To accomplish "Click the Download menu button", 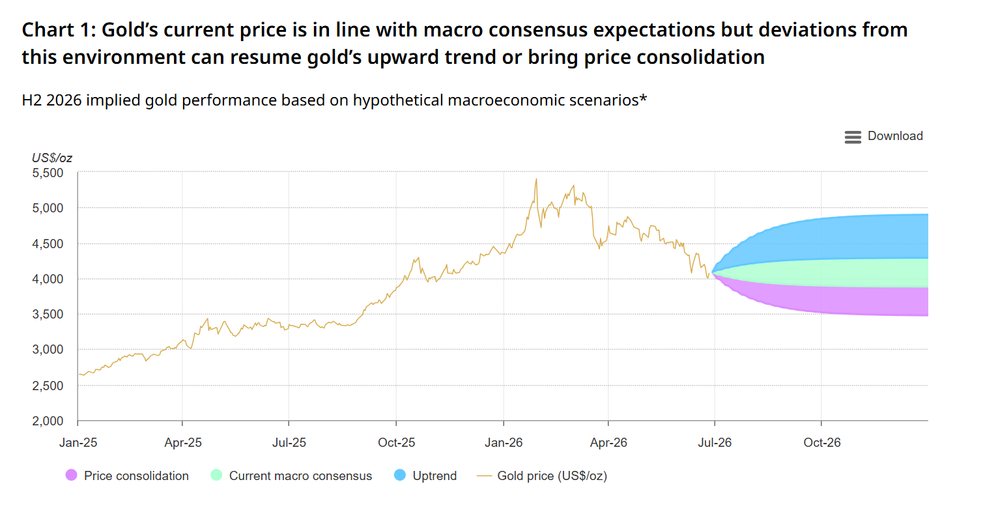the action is click(883, 137).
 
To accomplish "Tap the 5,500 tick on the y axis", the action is click(48, 173).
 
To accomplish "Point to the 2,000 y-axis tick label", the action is click(48, 421).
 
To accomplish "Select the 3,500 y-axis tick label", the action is click(48, 314).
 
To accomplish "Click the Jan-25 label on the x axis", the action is click(78, 442).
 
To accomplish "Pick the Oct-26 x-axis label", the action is click(822, 442).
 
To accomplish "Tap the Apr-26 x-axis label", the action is click(608, 442).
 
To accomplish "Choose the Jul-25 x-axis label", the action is click(289, 442).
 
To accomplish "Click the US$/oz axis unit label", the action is click(51, 158).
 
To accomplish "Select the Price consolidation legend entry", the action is click(127, 475).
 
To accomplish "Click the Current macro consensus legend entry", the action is click(291, 475).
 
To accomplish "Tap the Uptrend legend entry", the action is click(425, 475).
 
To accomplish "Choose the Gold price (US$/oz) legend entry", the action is click(542, 475).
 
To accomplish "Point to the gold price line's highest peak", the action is click(536, 178).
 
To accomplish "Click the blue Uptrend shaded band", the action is click(856, 237).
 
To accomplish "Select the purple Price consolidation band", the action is click(856, 301).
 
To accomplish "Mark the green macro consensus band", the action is click(856, 273).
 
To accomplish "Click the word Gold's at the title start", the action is click(130, 30).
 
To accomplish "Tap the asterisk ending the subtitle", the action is click(643, 98).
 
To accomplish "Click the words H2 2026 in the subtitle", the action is click(51, 100).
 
